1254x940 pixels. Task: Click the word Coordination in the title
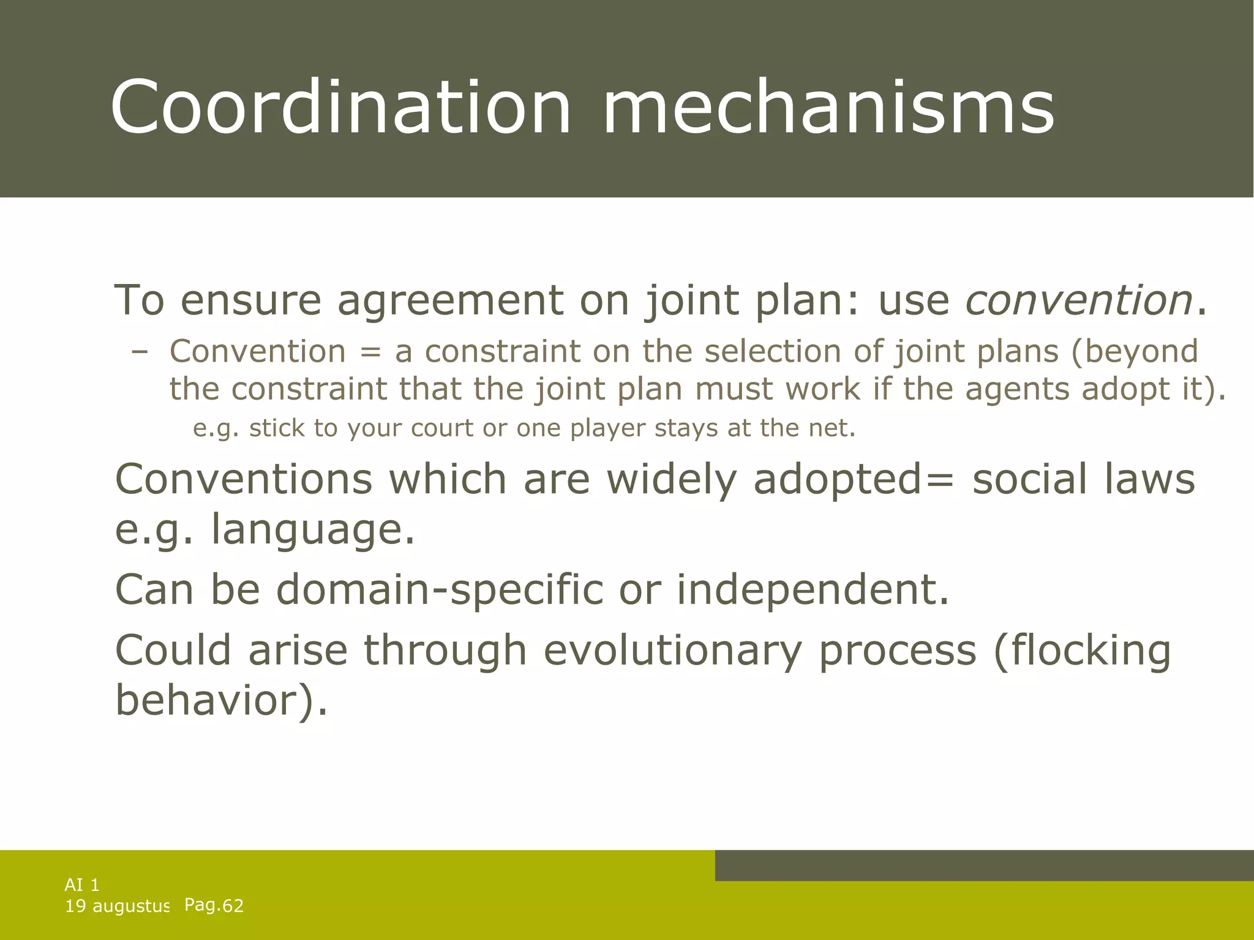pyautogui.click(x=340, y=107)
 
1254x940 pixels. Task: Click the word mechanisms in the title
pyautogui.click(x=828, y=107)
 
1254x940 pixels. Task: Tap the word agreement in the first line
pyautogui.click(x=451, y=301)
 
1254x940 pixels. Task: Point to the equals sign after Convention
pyautogui.click(x=370, y=352)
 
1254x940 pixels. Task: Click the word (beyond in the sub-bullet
pyautogui.click(x=1134, y=352)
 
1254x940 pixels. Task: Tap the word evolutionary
pyautogui.click(x=672, y=651)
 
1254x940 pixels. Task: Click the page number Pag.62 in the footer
pyautogui.click(x=214, y=905)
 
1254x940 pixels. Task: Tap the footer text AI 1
pyautogui.click(x=82, y=884)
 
